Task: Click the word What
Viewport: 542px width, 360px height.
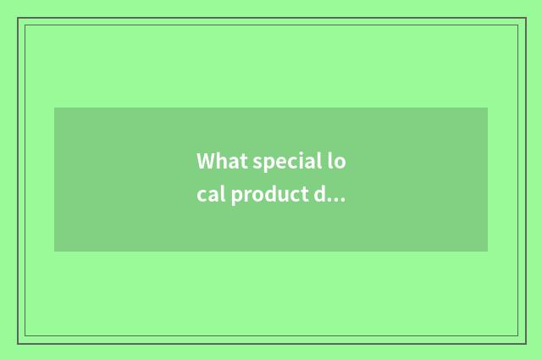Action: coord(222,161)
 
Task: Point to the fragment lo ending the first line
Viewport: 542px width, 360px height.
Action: coord(337,161)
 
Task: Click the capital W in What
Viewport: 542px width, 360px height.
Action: coord(206,161)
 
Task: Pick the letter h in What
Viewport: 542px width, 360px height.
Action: coord(220,161)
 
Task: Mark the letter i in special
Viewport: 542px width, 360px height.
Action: coord(301,161)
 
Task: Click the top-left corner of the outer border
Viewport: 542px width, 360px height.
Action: coord(18,18)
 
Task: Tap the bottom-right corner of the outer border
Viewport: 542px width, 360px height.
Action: coord(525,343)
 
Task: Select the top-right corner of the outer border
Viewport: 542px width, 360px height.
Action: coord(525,18)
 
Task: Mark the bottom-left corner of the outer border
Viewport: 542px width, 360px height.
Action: coord(18,343)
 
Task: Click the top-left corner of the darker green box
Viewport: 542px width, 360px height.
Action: coord(54,108)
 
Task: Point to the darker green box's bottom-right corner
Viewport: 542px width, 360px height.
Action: coord(488,252)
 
